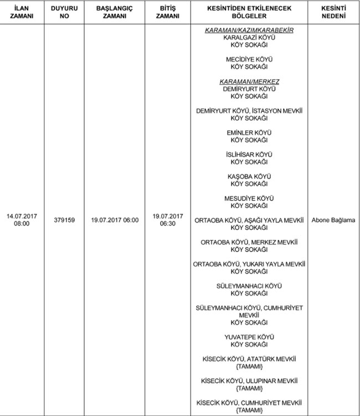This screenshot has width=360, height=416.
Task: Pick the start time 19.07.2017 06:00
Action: pos(115,220)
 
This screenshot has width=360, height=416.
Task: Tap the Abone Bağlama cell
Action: pos(333,220)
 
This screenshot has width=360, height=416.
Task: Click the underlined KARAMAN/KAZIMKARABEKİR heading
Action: pos(249,29)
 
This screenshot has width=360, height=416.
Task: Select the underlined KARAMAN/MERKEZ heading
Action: pos(249,81)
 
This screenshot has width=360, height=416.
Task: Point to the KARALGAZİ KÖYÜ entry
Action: pos(249,37)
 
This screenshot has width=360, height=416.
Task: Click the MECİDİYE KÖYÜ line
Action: pos(249,58)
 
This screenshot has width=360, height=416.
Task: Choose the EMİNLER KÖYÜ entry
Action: pos(249,132)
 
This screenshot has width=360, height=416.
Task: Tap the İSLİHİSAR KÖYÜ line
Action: pos(249,154)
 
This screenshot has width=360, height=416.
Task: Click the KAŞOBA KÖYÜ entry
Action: pos(249,176)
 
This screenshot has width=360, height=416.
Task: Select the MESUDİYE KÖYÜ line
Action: pos(249,198)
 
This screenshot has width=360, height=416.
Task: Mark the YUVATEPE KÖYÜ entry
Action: pos(249,336)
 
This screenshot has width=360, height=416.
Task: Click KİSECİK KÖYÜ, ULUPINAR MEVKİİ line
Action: pos(249,381)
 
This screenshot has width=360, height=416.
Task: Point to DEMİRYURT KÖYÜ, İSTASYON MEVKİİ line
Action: pos(249,110)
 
